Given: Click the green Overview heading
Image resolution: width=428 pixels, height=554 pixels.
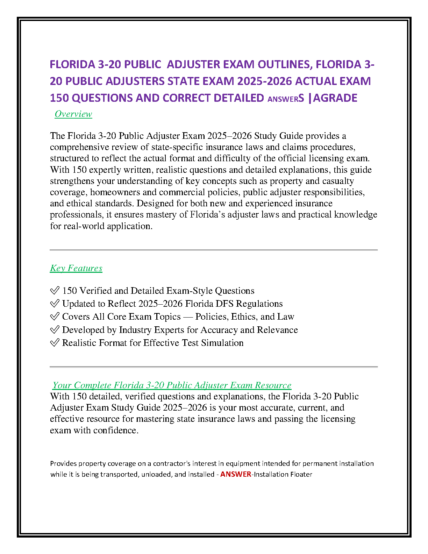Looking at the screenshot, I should pos(73,114).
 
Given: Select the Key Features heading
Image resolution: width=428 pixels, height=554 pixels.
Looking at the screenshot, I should pos(76,268).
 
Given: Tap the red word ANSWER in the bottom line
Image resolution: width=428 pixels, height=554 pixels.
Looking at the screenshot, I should pos(236,474).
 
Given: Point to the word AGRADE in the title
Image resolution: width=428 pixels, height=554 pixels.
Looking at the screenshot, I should pos(335,98).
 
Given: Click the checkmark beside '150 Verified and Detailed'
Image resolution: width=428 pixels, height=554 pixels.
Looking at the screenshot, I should pos(55,291).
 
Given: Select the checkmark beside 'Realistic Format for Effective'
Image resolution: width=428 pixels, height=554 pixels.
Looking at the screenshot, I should pos(55,343).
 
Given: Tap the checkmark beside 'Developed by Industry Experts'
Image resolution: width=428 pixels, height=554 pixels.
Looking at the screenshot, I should pos(55,330).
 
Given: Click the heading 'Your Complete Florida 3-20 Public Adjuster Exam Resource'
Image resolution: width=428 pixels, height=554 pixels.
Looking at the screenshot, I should pos(172,385).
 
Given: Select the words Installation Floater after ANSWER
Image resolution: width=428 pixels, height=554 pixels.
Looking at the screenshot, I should pos(283,474).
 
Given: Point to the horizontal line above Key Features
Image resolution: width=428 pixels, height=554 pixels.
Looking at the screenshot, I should pos(214,250).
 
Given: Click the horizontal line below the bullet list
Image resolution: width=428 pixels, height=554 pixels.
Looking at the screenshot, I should pos(214,367).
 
